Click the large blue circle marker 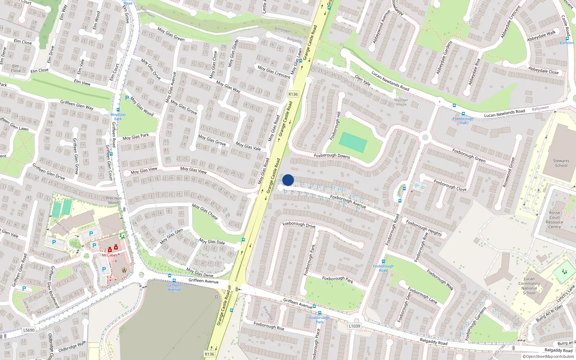pyautogui.click(x=288, y=180)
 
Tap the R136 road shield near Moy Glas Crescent pyautogui.click(x=293, y=94)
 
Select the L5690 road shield pyautogui.click(x=29, y=330)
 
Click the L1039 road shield pyautogui.click(x=354, y=326)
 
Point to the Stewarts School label pyautogui.click(x=561, y=163)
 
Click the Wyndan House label pyautogui.click(x=401, y=102)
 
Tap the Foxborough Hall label pyautogui.click(x=463, y=121)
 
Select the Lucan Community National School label pyautogui.click(x=529, y=286)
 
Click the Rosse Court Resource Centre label pyautogui.click(x=554, y=220)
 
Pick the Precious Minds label pyautogui.click(x=114, y=200)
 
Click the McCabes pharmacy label pyautogui.click(x=109, y=255)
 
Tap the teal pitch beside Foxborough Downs pyautogui.click(x=353, y=142)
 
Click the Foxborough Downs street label pyautogui.click(x=332, y=156)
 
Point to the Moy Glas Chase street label pyautogui.click(x=204, y=211)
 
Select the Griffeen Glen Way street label pyautogui.click(x=77, y=105)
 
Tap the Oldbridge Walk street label pyautogui.click(x=72, y=347)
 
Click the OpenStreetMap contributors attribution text pyautogui.click(x=548, y=356)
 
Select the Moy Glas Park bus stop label pyautogui.click(x=118, y=117)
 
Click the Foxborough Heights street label pyautogui.click(x=424, y=228)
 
